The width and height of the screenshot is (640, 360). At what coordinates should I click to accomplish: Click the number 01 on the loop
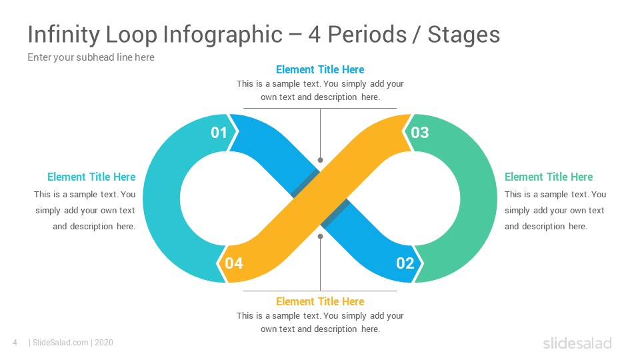pyautogui.click(x=219, y=133)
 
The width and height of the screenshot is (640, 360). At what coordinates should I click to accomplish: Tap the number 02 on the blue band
pyautogui.click(x=405, y=263)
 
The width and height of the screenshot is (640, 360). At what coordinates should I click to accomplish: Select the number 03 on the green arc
pyautogui.click(x=420, y=133)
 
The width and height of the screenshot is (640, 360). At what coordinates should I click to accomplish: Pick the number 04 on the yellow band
pyautogui.click(x=234, y=263)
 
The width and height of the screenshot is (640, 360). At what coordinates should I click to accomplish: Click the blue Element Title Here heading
pyautogui.click(x=320, y=69)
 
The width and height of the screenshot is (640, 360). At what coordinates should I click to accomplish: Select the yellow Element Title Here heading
pyautogui.click(x=320, y=301)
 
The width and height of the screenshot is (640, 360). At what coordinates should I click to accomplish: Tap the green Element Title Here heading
pyautogui.click(x=548, y=177)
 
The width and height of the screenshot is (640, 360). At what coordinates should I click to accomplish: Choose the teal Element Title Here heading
pyautogui.click(x=91, y=177)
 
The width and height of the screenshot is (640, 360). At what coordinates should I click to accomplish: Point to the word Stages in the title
pyautogui.click(x=464, y=35)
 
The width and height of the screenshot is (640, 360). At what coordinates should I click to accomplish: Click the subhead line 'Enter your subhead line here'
pyautogui.click(x=91, y=57)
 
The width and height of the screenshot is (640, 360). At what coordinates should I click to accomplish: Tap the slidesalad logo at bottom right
pyautogui.click(x=577, y=343)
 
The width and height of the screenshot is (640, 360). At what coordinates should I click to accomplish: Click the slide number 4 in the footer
pyautogui.click(x=15, y=343)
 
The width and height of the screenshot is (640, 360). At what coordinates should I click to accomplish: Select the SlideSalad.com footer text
pyautogui.click(x=59, y=343)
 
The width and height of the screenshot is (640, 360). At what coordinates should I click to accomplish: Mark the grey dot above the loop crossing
pyautogui.click(x=320, y=160)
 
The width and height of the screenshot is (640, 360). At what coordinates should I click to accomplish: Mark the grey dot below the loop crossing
pyautogui.click(x=320, y=236)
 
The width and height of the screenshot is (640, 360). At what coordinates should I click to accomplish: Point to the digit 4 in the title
pyautogui.click(x=315, y=35)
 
